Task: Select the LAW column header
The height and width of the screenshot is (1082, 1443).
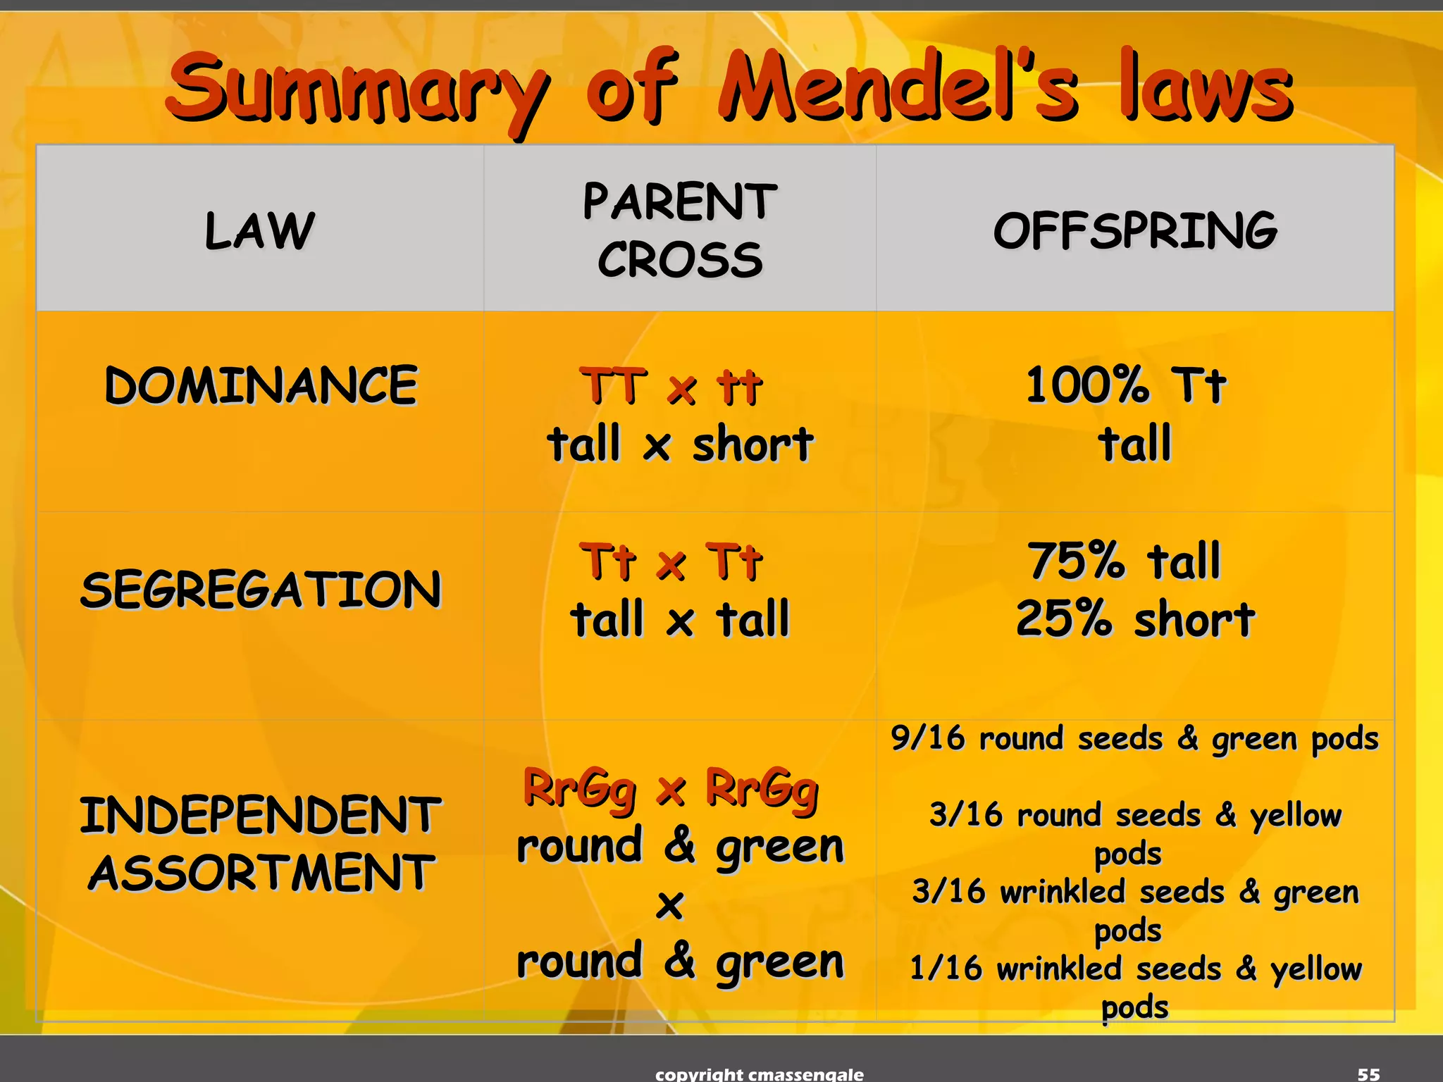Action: [x=259, y=230]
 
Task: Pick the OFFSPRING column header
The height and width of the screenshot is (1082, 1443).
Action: [x=1135, y=230]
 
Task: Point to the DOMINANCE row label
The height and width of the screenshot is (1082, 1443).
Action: [x=261, y=385]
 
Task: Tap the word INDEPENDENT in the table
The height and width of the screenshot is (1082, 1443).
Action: [x=260, y=815]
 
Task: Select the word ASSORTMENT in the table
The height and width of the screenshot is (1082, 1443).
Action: [x=261, y=873]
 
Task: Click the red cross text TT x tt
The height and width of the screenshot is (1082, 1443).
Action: [x=671, y=387]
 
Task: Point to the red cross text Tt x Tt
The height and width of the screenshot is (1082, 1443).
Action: [x=671, y=562]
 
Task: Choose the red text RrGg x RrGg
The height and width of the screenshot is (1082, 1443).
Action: [x=671, y=788]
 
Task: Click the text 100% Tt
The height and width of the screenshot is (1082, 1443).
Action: [x=1126, y=385]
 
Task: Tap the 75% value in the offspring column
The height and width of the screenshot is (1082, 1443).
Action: [x=1076, y=561]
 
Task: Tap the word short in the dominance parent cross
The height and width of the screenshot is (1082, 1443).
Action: [x=753, y=444]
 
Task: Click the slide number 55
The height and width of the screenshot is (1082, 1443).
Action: [x=1368, y=1074]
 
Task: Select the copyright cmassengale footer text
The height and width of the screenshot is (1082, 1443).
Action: [x=759, y=1074]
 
